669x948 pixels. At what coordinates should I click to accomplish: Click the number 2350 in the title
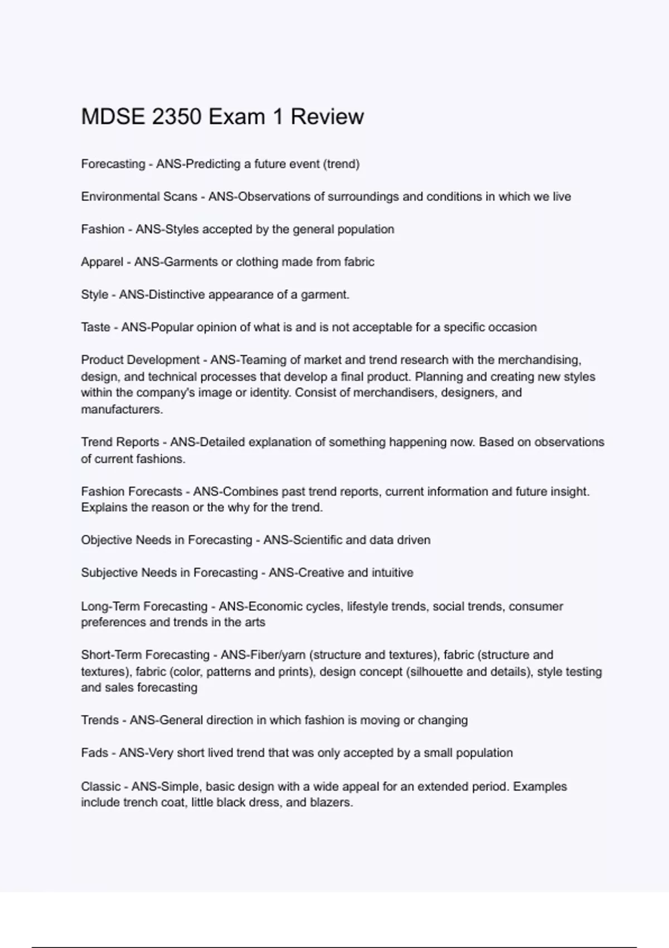(176, 117)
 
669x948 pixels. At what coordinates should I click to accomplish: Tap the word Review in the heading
(327, 117)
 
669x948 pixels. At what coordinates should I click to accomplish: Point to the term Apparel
(102, 262)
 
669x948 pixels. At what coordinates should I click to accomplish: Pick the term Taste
(95, 327)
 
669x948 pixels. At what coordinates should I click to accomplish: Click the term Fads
(94, 753)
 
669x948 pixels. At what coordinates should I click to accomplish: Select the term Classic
(100, 787)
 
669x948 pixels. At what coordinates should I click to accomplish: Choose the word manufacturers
(122, 409)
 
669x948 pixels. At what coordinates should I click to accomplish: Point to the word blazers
(332, 803)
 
